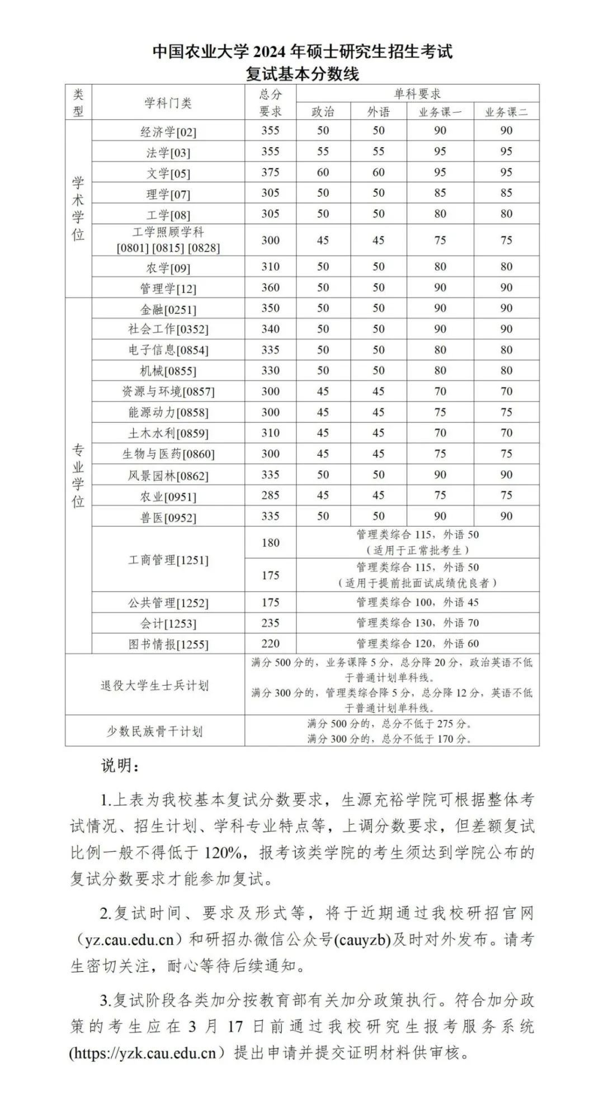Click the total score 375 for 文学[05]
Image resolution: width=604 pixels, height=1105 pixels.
pos(270,172)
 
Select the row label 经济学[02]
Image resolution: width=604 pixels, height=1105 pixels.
pos(168,132)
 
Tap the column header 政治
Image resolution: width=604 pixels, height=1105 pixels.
pos(323,112)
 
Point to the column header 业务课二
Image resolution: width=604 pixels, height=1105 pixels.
pos(506,112)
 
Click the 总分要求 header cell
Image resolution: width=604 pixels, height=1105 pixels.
pos(270,102)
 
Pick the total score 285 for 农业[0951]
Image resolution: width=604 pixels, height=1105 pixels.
pos(270,495)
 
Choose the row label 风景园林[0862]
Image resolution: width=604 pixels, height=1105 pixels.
pos(168,475)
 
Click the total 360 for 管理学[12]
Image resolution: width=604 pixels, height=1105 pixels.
pos(270,287)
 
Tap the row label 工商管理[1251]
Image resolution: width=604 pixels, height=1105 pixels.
pos(168,560)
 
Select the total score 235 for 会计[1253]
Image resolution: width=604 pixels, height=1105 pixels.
pos(270,623)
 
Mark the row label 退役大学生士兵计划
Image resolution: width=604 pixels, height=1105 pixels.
pos(154,685)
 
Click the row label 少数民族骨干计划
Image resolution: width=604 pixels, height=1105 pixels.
pos(154,731)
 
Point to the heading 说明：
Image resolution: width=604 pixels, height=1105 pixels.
pos(120,766)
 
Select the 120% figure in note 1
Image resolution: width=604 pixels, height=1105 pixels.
pos(223,853)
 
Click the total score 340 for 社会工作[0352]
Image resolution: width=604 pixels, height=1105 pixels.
pos(270,329)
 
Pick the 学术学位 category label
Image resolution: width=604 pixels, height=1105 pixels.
pos(78,208)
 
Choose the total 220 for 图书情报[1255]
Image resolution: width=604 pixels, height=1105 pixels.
pos(270,644)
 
